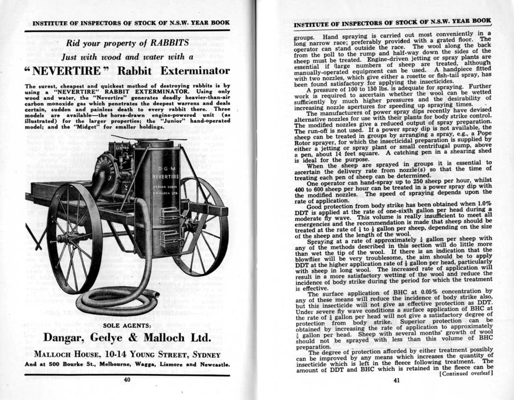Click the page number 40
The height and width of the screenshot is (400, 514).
coord(127,379)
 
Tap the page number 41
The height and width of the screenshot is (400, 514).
coord(397,380)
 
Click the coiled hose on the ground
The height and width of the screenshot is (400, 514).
coord(117,303)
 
